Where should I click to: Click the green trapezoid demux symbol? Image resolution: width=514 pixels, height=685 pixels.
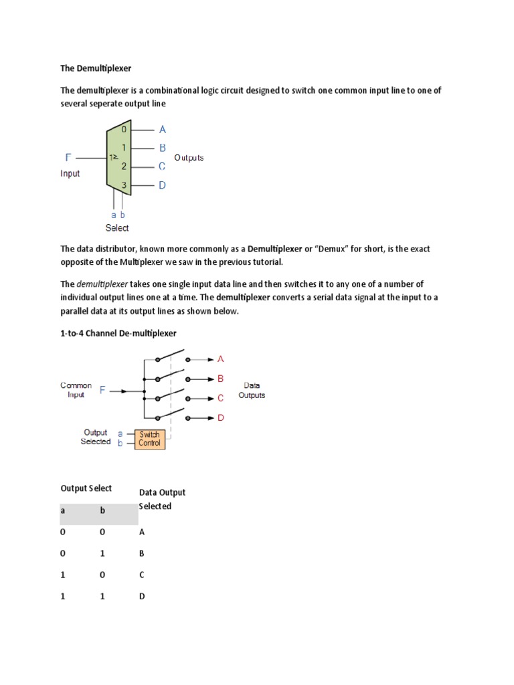click(x=118, y=159)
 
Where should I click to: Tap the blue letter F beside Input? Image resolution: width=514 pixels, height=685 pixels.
click(x=68, y=158)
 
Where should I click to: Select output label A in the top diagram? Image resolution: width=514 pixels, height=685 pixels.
click(x=162, y=130)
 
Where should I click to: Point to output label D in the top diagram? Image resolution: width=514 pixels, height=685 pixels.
click(x=162, y=186)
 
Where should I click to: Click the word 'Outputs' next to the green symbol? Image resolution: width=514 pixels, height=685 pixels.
click(x=189, y=158)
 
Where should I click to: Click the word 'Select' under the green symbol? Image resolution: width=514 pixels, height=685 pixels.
click(x=117, y=228)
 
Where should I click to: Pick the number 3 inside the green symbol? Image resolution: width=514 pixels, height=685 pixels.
click(x=123, y=185)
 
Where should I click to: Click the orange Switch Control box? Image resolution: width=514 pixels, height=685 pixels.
click(x=149, y=439)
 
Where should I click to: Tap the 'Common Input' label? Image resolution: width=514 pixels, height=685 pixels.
click(x=76, y=390)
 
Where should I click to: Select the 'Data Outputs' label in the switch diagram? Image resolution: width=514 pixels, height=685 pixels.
click(x=252, y=390)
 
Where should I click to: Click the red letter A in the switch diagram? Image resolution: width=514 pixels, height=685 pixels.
click(x=221, y=359)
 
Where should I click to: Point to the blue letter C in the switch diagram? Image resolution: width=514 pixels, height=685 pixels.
click(x=220, y=398)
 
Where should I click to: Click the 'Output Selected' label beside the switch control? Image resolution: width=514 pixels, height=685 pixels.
click(x=95, y=437)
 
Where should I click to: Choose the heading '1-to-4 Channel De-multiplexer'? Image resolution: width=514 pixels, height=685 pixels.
click(x=118, y=332)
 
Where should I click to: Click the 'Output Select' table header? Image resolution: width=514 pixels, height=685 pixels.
click(x=86, y=488)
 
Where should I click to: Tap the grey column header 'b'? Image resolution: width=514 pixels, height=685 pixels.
click(x=103, y=510)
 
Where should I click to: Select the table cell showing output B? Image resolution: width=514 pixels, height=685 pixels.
click(x=142, y=554)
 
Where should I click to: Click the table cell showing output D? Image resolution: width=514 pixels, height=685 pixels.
click(x=142, y=597)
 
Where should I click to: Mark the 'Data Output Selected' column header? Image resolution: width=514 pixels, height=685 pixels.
click(x=162, y=499)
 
